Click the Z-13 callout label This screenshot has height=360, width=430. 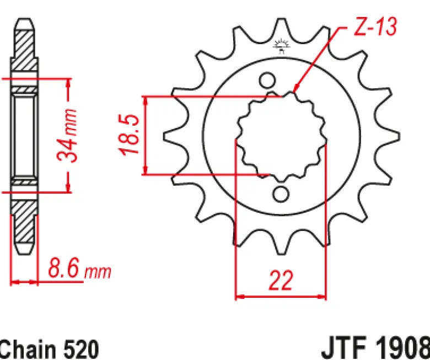tap(375, 26)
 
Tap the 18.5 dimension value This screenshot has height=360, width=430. tap(129, 135)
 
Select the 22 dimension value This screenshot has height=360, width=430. tap(281, 280)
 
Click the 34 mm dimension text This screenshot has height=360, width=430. tap(67, 135)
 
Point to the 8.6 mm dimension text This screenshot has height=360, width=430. tap(79, 268)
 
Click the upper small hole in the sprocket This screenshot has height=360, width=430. tap(267, 80)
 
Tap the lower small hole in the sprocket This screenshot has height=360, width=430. tap(281, 195)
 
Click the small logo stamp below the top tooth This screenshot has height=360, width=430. tap(282, 46)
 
